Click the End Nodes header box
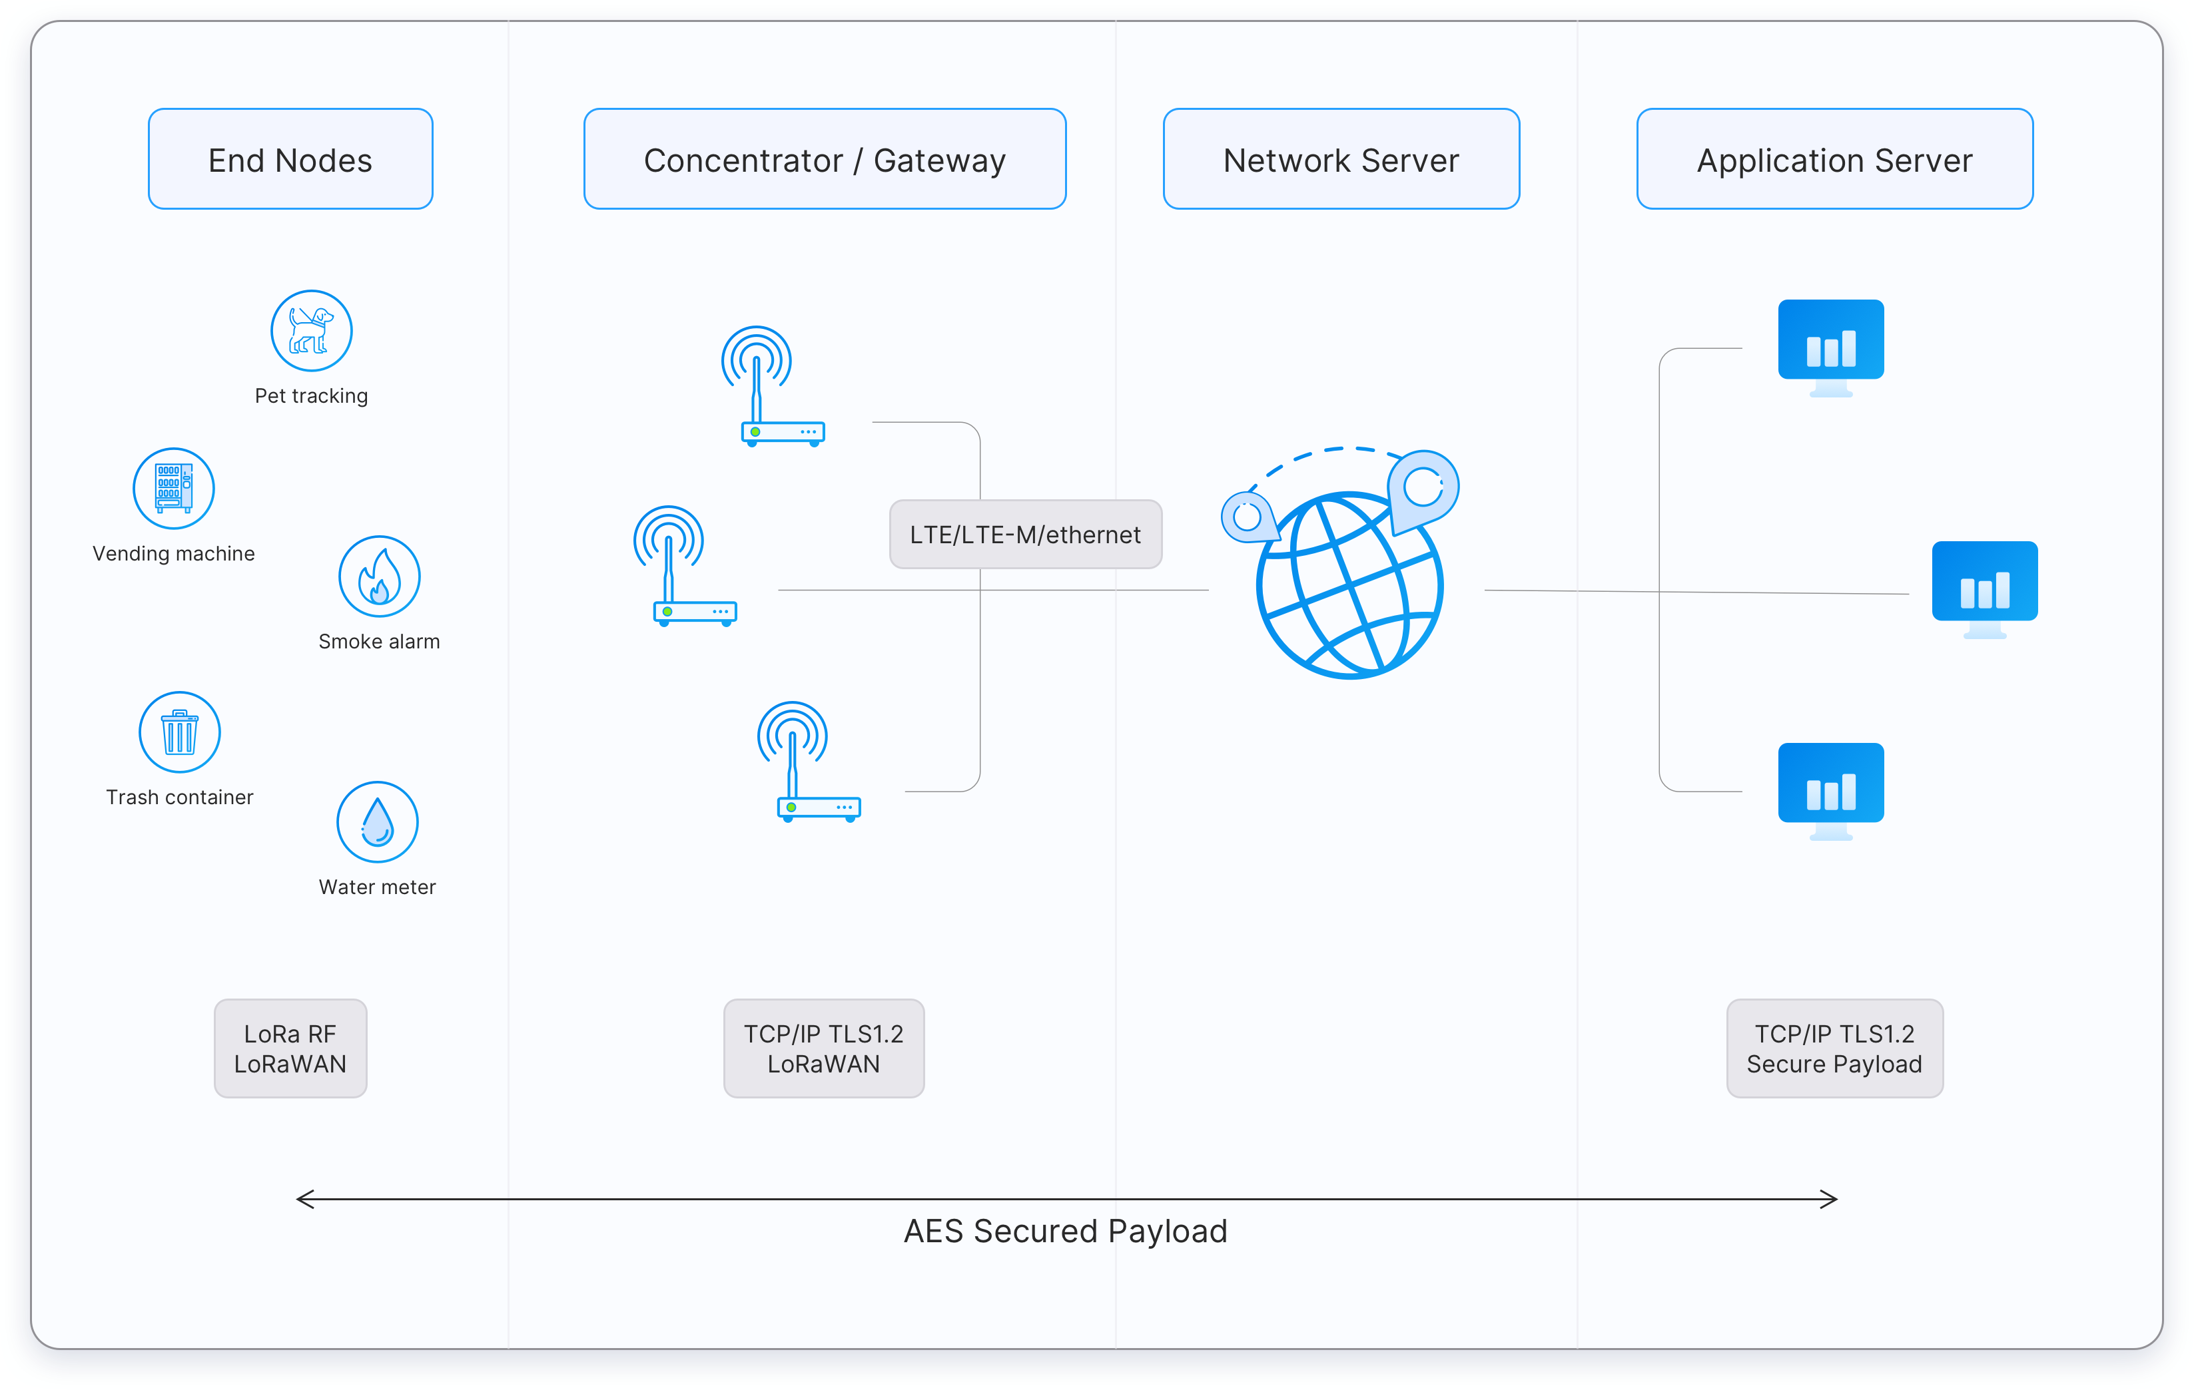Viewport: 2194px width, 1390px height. tap(290, 159)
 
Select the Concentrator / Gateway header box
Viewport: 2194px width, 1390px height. tap(824, 159)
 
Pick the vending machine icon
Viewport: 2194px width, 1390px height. tap(173, 488)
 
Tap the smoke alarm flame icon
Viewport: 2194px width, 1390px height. tap(379, 577)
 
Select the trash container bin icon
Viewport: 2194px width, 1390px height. tap(179, 732)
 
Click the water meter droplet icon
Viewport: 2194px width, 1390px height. tap(377, 821)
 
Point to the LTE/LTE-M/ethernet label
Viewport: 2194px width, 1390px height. tap(1025, 535)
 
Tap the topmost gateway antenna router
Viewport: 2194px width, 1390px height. tap(773, 387)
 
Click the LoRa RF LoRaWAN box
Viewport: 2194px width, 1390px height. tap(290, 1048)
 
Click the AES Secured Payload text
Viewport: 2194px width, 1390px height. tap(1065, 1232)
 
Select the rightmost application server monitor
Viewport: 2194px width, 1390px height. tap(1984, 588)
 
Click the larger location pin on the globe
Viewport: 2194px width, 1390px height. tap(1422, 488)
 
